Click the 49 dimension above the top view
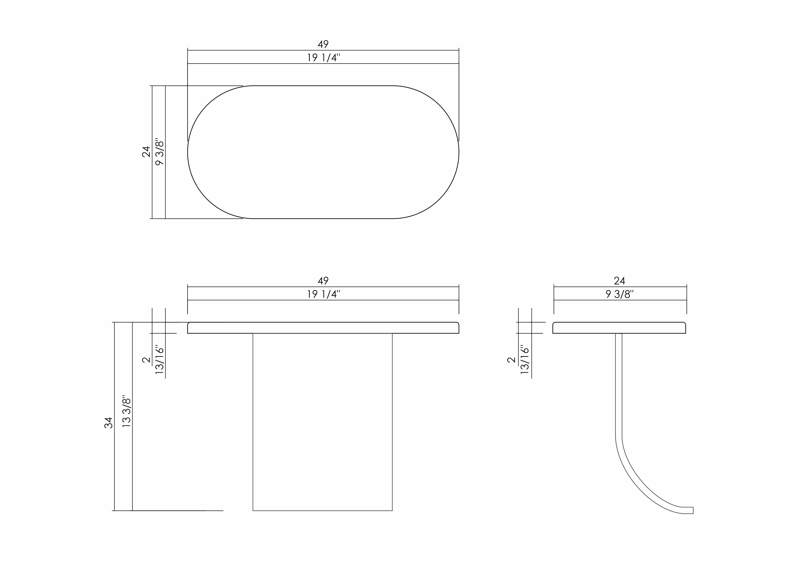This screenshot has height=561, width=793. [323, 44]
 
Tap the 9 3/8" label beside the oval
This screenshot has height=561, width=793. [160, 152]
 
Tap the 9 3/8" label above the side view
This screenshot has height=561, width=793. [620, 294]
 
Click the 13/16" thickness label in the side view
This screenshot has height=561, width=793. [525, 360]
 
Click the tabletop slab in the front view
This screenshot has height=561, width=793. [323, 328]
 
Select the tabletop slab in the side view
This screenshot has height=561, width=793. [619, 328]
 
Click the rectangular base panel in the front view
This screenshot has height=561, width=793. [322, 421]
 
